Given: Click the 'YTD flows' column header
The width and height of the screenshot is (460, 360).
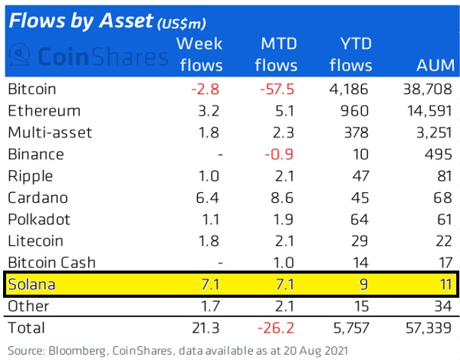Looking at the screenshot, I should pos(354,54).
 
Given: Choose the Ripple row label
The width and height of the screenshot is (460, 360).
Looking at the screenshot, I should pos(28,175).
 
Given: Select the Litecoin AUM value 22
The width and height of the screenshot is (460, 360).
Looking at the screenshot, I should pos(441,241).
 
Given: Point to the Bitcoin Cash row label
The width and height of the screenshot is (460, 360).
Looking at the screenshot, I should pos(51,262).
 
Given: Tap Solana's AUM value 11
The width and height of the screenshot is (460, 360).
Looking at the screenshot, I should pos(442,285).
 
